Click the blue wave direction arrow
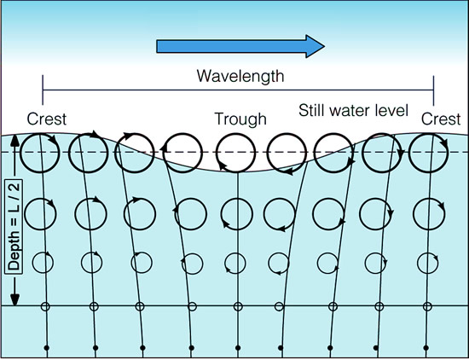(240, 46)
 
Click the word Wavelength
(240, 76)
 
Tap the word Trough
(240, 119)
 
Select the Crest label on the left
(47, 119)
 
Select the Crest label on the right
(441, 119)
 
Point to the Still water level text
(353, 110)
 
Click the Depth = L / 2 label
(14, 226)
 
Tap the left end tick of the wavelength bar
(43, 90)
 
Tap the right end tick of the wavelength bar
(433, 90)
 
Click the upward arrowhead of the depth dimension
(14, 140)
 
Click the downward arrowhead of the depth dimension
(14, 300)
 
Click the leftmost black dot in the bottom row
(46, 348)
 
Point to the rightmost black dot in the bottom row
(426, 348)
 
